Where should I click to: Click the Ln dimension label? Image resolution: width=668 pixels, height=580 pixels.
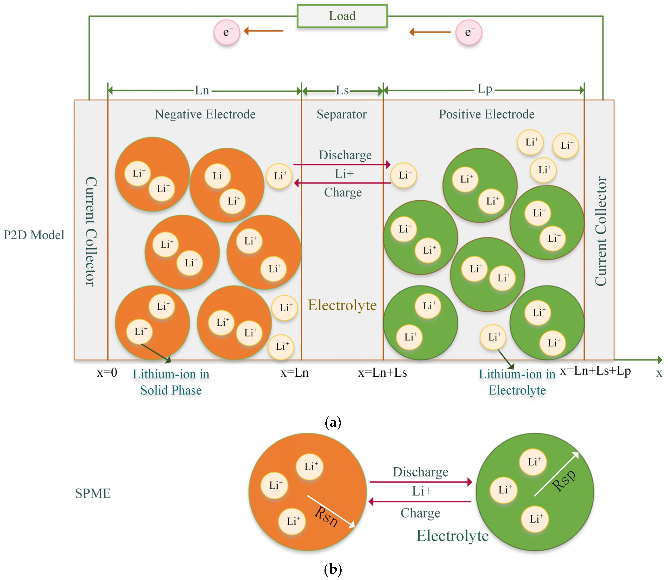pyautogui.click(x=202, y=90)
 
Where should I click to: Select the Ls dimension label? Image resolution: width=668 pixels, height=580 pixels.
pyautogui.click(x=342, y=90)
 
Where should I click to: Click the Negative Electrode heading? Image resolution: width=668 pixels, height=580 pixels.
pyautogui.click(x=205, y=114)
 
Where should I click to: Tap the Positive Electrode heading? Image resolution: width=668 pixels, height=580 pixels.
pyautogui.click(x=487, y=114)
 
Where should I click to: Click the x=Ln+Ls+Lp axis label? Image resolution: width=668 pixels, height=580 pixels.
pyautogui.click(x=595, y=371)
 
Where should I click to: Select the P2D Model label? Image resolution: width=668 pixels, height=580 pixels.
pyautogui.click(x=34, y=235)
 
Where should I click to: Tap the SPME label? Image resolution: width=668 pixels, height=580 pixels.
pyautogui.click(x=93, y=493)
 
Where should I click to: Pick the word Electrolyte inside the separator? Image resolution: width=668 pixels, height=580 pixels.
pyautogui.click(x=342, y=305)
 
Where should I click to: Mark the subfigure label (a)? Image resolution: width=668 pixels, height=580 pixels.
pyautogui.click(x=333, y=422)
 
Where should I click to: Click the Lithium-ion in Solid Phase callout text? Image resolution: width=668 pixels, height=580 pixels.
pyautogui.click(x=171, y=382)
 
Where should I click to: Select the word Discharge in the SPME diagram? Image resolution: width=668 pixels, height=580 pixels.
pyautogui.click(x=420, y=472)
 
